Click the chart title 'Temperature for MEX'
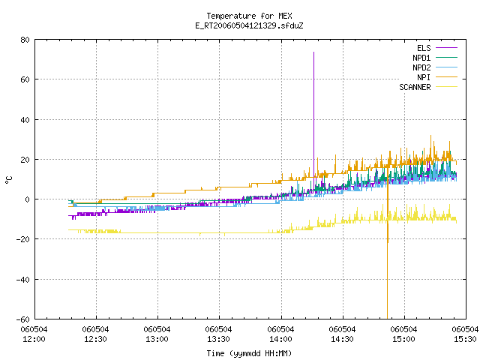point(249,16)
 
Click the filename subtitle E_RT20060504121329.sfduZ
point(249,25)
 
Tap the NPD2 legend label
point(421,67)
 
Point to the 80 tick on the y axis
point(25,40)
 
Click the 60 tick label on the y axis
point(25,79)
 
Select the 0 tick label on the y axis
point(28,199)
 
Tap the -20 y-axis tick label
point(23,239)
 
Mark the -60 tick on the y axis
point(23,319)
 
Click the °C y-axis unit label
point(8,180)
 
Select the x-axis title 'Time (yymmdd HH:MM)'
point(249,353)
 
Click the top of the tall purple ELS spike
point(313,52)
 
